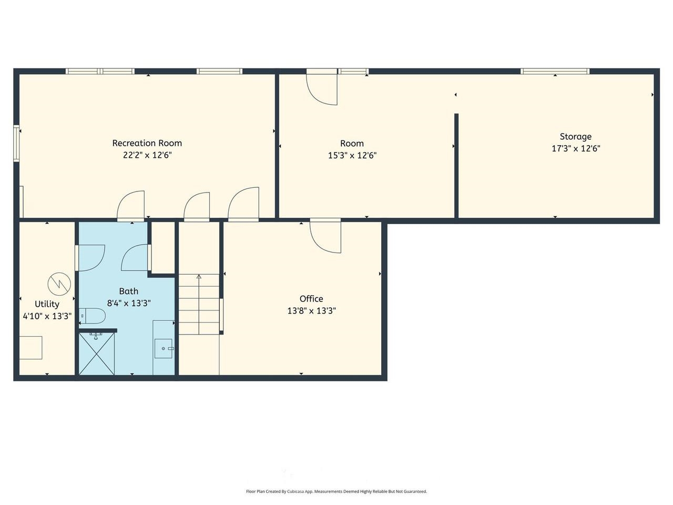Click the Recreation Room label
coord(147,143)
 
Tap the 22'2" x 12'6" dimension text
coord(147,155)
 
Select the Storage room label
coord(575,136)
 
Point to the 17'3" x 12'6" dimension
coord(575,148)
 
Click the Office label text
coord(311,299)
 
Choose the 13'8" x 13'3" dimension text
coord(311,311)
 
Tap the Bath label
coord(128,291)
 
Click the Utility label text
coord(47,304)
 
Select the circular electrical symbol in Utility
coord(59,284)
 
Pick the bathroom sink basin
coord(164,348)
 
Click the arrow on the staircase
coord(199,277)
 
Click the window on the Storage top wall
coord(555,72)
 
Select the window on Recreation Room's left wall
coord(16,143)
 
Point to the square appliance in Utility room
coord(30,348)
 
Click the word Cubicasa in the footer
coord(297,491)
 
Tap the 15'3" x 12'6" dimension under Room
coord(352,156)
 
